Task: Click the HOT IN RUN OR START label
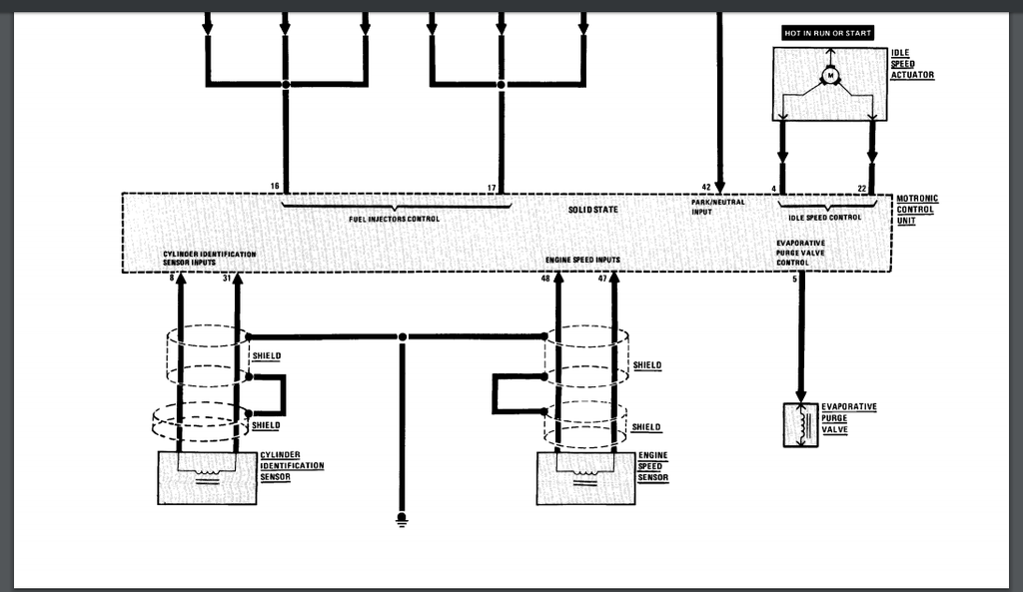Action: pos(827,33)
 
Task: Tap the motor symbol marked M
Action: pos(830,76)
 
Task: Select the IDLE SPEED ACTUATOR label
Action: pos(912,64)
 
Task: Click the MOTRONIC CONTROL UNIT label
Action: pos(917,210)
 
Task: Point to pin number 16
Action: pos(275,186)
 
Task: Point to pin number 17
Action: pos(492,188)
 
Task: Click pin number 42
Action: pos(706,187)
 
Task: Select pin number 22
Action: pos(862,189)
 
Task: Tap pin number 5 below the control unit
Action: pos(794,280)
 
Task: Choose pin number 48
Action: pos(545,279)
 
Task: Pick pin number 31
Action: pos(227,279)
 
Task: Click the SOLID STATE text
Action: pos(592,210)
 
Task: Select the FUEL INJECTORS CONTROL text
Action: pos(394,219)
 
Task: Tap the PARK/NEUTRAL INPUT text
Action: pos(717,207)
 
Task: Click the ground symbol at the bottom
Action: pos(402,520)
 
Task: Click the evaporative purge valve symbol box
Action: pos(800,425)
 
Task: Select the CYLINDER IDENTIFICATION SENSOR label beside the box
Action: pos(292,465)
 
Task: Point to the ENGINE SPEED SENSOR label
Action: pos(653,466)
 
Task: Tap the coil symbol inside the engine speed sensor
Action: pos(585,472)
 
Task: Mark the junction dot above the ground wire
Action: pos(403,337)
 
